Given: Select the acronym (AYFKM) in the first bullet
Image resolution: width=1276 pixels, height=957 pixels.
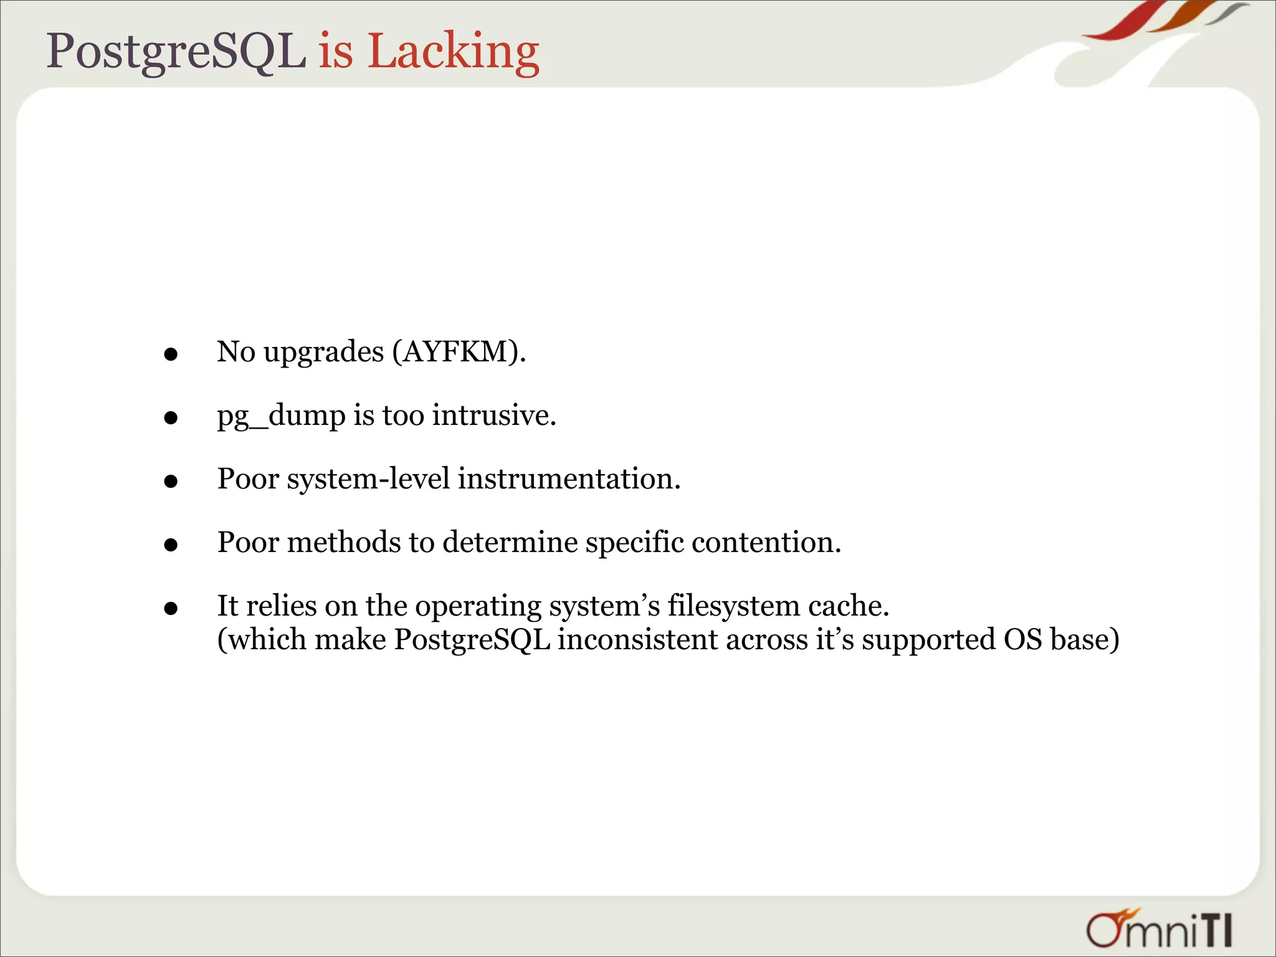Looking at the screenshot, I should [459, 352].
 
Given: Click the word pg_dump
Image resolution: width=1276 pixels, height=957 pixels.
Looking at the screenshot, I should [281, 416].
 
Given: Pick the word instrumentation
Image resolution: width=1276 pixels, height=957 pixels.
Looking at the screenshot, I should [569, 479].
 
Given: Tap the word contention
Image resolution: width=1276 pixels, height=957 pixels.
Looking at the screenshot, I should [766, 543].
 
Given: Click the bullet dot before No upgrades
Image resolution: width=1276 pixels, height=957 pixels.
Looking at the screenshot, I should [171, 355].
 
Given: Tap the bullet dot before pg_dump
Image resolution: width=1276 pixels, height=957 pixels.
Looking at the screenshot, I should [171, 419].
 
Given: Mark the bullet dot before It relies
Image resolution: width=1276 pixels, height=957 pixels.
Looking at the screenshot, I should [171, 609].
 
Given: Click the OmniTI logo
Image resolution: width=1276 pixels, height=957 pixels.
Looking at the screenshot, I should [1159, 929].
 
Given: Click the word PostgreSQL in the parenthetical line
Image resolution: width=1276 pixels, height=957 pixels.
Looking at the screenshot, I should [472, 640].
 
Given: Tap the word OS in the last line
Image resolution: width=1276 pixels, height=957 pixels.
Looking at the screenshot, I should [1022, 640].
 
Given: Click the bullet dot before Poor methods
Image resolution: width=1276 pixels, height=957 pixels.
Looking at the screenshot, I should [171, 545].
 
